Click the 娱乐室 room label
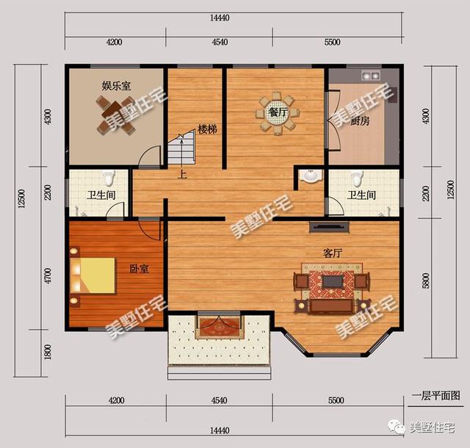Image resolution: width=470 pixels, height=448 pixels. [x=116, y=86]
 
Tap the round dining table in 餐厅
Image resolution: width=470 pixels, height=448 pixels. [x=278, y=113]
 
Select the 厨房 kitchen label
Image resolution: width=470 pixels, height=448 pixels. [x=360, y=121]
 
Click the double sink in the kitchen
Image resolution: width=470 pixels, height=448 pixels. [x=370, y=75]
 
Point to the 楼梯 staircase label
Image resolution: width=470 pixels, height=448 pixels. [x=207, y=129]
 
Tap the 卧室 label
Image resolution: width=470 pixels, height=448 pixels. [x=139, y=268]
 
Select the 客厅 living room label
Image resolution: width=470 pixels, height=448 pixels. [x=333, y=253]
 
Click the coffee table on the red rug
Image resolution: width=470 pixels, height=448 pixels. [x=332, y=282]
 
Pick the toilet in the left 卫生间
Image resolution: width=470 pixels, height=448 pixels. [x=109, y=178]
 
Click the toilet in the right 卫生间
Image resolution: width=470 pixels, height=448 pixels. [x=357, y=178]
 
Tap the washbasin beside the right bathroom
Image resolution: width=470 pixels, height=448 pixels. [x=311, y=176]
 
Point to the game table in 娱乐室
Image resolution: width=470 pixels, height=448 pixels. [x=115, y=115]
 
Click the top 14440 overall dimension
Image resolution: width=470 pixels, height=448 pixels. [x=220, y=18]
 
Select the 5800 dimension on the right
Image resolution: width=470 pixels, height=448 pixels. [x=426, y=281]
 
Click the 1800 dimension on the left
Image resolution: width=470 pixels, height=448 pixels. [x=47, y=352]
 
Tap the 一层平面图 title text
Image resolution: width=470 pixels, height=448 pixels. [x=435, y=396]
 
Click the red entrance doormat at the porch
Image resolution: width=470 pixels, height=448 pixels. [x=219, y=327]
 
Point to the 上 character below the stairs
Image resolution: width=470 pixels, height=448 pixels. [x=182, y=174]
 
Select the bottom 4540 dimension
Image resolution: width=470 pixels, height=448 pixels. [x=219, y=400]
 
